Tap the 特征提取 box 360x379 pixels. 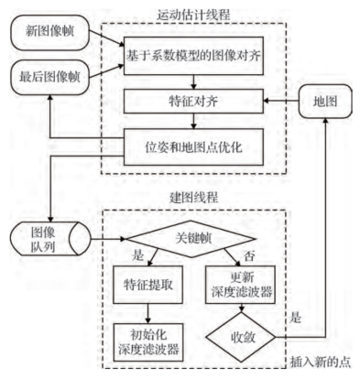click(147, 283)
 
